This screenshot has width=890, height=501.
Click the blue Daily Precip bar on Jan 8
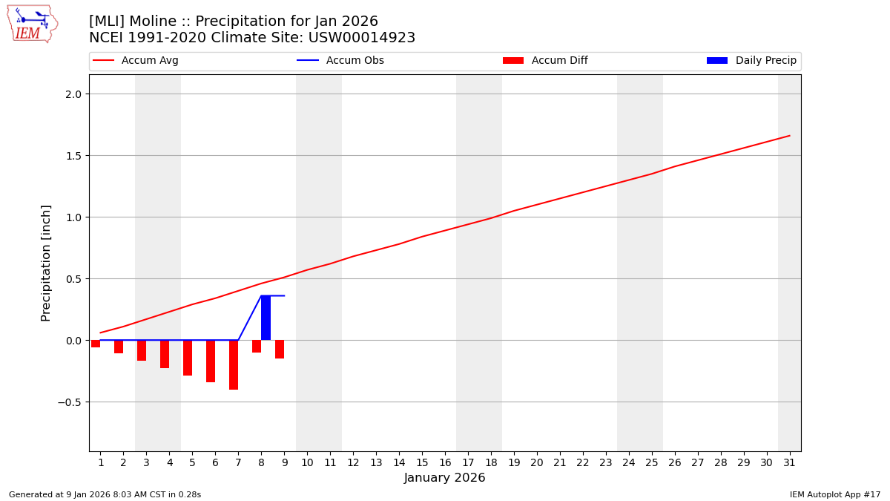tap(266, 318)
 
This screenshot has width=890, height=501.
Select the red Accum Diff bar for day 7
tap(234, 364)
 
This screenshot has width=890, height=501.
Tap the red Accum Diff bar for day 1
tap(96, 344)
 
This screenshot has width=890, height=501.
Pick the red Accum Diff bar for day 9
tap(280, 349)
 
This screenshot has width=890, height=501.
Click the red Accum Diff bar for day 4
tap(165, 354)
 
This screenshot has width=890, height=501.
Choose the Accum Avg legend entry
tap(136, 61)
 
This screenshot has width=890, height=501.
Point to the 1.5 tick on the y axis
tap(75, 156)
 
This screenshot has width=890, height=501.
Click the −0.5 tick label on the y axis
tap(72, 402)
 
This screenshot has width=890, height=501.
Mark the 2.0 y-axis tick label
tap(75, 94)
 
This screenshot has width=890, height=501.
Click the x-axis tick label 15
tap(422, 462)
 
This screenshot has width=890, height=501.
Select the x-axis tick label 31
tap(789, 462)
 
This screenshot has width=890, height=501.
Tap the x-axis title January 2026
tap(444, 478)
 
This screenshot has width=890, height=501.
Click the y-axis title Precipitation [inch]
tap(46, 263)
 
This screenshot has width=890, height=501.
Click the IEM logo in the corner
tap(33, 24)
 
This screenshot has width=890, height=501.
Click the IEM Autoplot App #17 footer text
tap(835, 494)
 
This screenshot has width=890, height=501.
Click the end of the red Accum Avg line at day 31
tap(789, 136)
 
